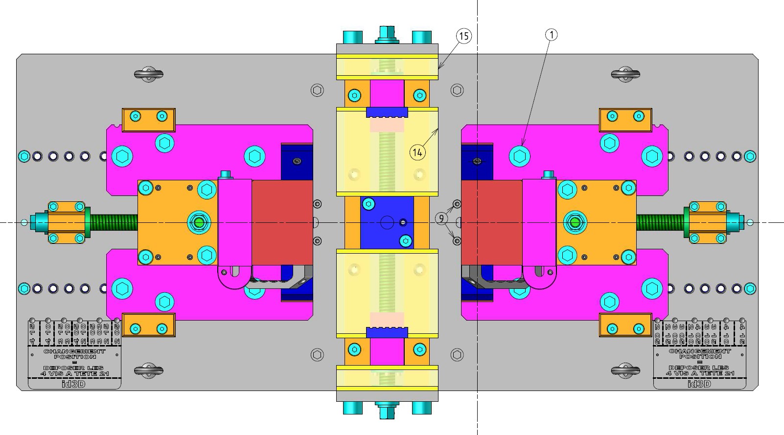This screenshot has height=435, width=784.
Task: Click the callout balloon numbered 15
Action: pyautogui.click(x=464, y=36)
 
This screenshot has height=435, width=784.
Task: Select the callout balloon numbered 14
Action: pyautogui.click(x=417, y=152)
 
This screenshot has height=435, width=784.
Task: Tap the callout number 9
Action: pyautogui.click(x=441, y=218)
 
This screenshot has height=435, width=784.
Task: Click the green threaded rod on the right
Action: pyautogui.click(x=661, y=222)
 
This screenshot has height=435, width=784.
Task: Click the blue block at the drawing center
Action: pyautogui.click(x=387, y=222)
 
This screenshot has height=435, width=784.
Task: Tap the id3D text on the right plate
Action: pyautogui.click(x=699, y=384)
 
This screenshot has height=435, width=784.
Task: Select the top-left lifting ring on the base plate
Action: pyautogui.click(x=148, y=74)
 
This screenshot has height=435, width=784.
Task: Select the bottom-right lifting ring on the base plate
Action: pyautogui.click(x=625, y=370)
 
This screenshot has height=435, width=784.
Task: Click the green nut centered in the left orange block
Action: pyautogui.click(x=199, y=222)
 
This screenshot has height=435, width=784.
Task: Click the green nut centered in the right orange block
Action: pyautogui.click(x=575, y=222)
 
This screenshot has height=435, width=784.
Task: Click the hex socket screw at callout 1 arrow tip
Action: pyautogui.click(x=519, y=156)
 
